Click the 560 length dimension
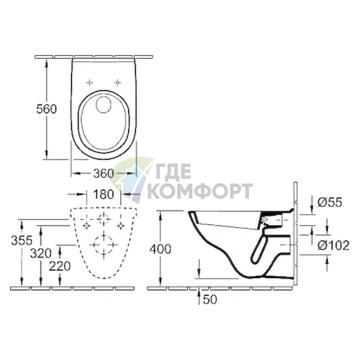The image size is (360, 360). (x=46, y=109)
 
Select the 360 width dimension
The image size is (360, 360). (x=103, y=173)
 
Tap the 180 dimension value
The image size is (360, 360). (x=103, y=195)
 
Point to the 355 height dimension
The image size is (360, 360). (x=22, y=240)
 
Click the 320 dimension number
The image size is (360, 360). (x=41, y=253)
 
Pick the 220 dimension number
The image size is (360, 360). (x=60, y=266)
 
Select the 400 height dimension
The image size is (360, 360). (x=160, y=249)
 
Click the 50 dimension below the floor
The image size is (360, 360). (x=210, y=300)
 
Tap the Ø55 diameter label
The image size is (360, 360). (x=330, y=202)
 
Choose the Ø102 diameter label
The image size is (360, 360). (x=333, y=245)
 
